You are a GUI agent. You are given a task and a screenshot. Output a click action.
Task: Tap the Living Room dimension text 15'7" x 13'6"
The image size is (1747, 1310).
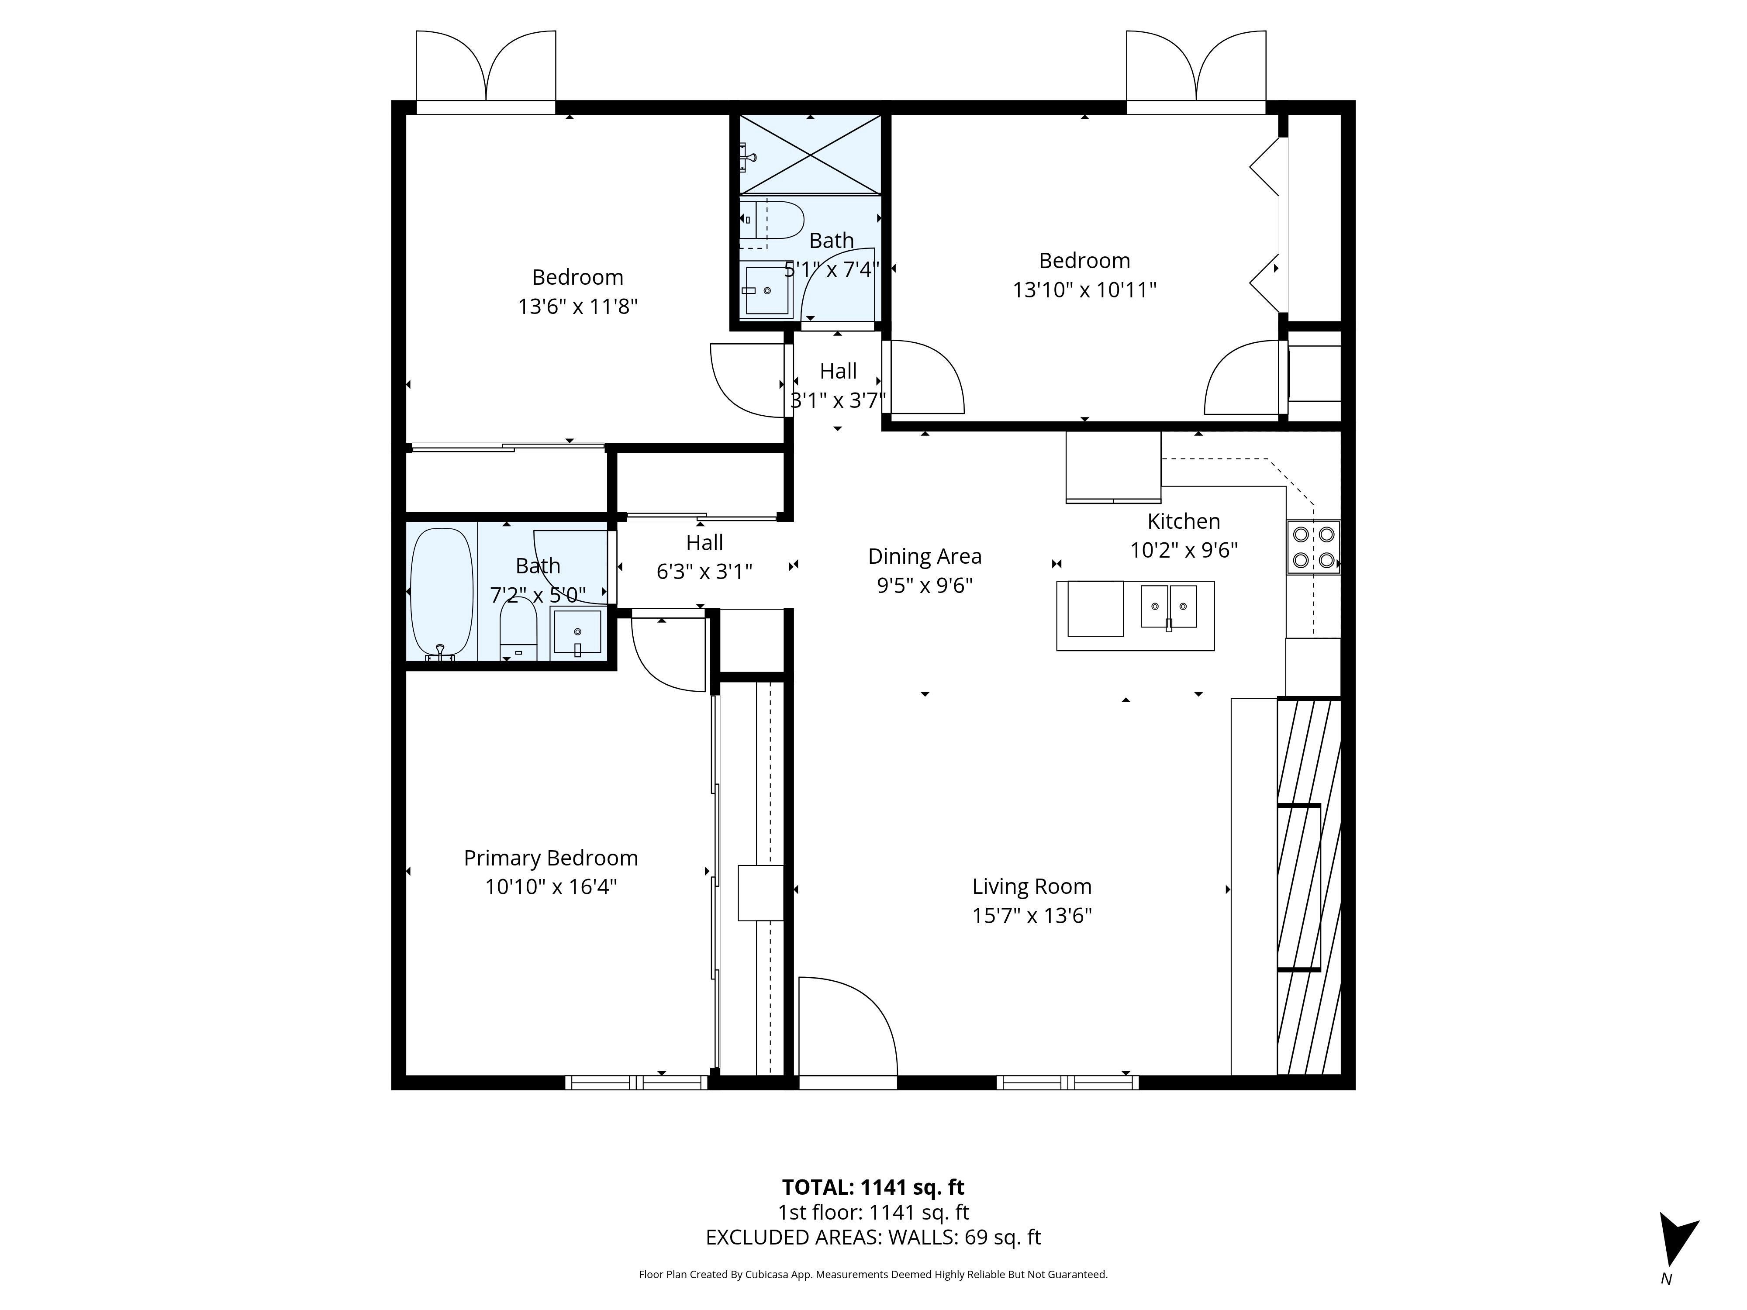tap(1032, 915)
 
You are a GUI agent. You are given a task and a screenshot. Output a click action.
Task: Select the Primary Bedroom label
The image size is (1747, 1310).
tap(550, 858)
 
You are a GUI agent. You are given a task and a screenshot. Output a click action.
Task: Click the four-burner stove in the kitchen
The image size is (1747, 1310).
tap(1312, 546)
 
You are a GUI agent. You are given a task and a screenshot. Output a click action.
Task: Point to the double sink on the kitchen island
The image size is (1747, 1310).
tap(1169, 607)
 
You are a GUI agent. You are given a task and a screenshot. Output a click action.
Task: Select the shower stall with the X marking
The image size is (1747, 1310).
tap(810, 154)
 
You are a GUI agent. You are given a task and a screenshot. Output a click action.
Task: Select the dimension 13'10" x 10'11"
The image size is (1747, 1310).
tap(1084, 290)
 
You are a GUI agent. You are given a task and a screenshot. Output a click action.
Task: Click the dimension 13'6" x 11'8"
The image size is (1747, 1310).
tap(577, 307)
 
